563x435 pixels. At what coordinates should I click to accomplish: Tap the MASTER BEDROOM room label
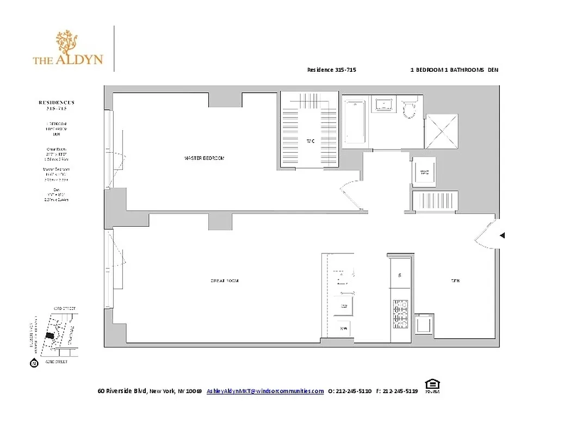point(204,158)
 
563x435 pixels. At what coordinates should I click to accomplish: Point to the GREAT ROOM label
point(225,281)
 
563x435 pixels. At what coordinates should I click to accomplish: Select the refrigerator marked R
point(400,276)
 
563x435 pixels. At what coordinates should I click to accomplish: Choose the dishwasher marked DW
point(344,307)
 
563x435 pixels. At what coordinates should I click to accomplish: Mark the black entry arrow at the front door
point(503,235)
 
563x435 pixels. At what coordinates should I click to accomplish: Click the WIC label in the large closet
point(311,141)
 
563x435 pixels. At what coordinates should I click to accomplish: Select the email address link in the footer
point(265,391)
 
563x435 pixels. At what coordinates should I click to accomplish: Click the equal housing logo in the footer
point(433,386)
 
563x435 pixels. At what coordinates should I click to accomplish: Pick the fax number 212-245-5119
point(400,391)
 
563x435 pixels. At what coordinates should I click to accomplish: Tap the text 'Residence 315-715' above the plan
point(332,70)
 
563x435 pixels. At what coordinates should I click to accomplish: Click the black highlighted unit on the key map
point(50,336)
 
